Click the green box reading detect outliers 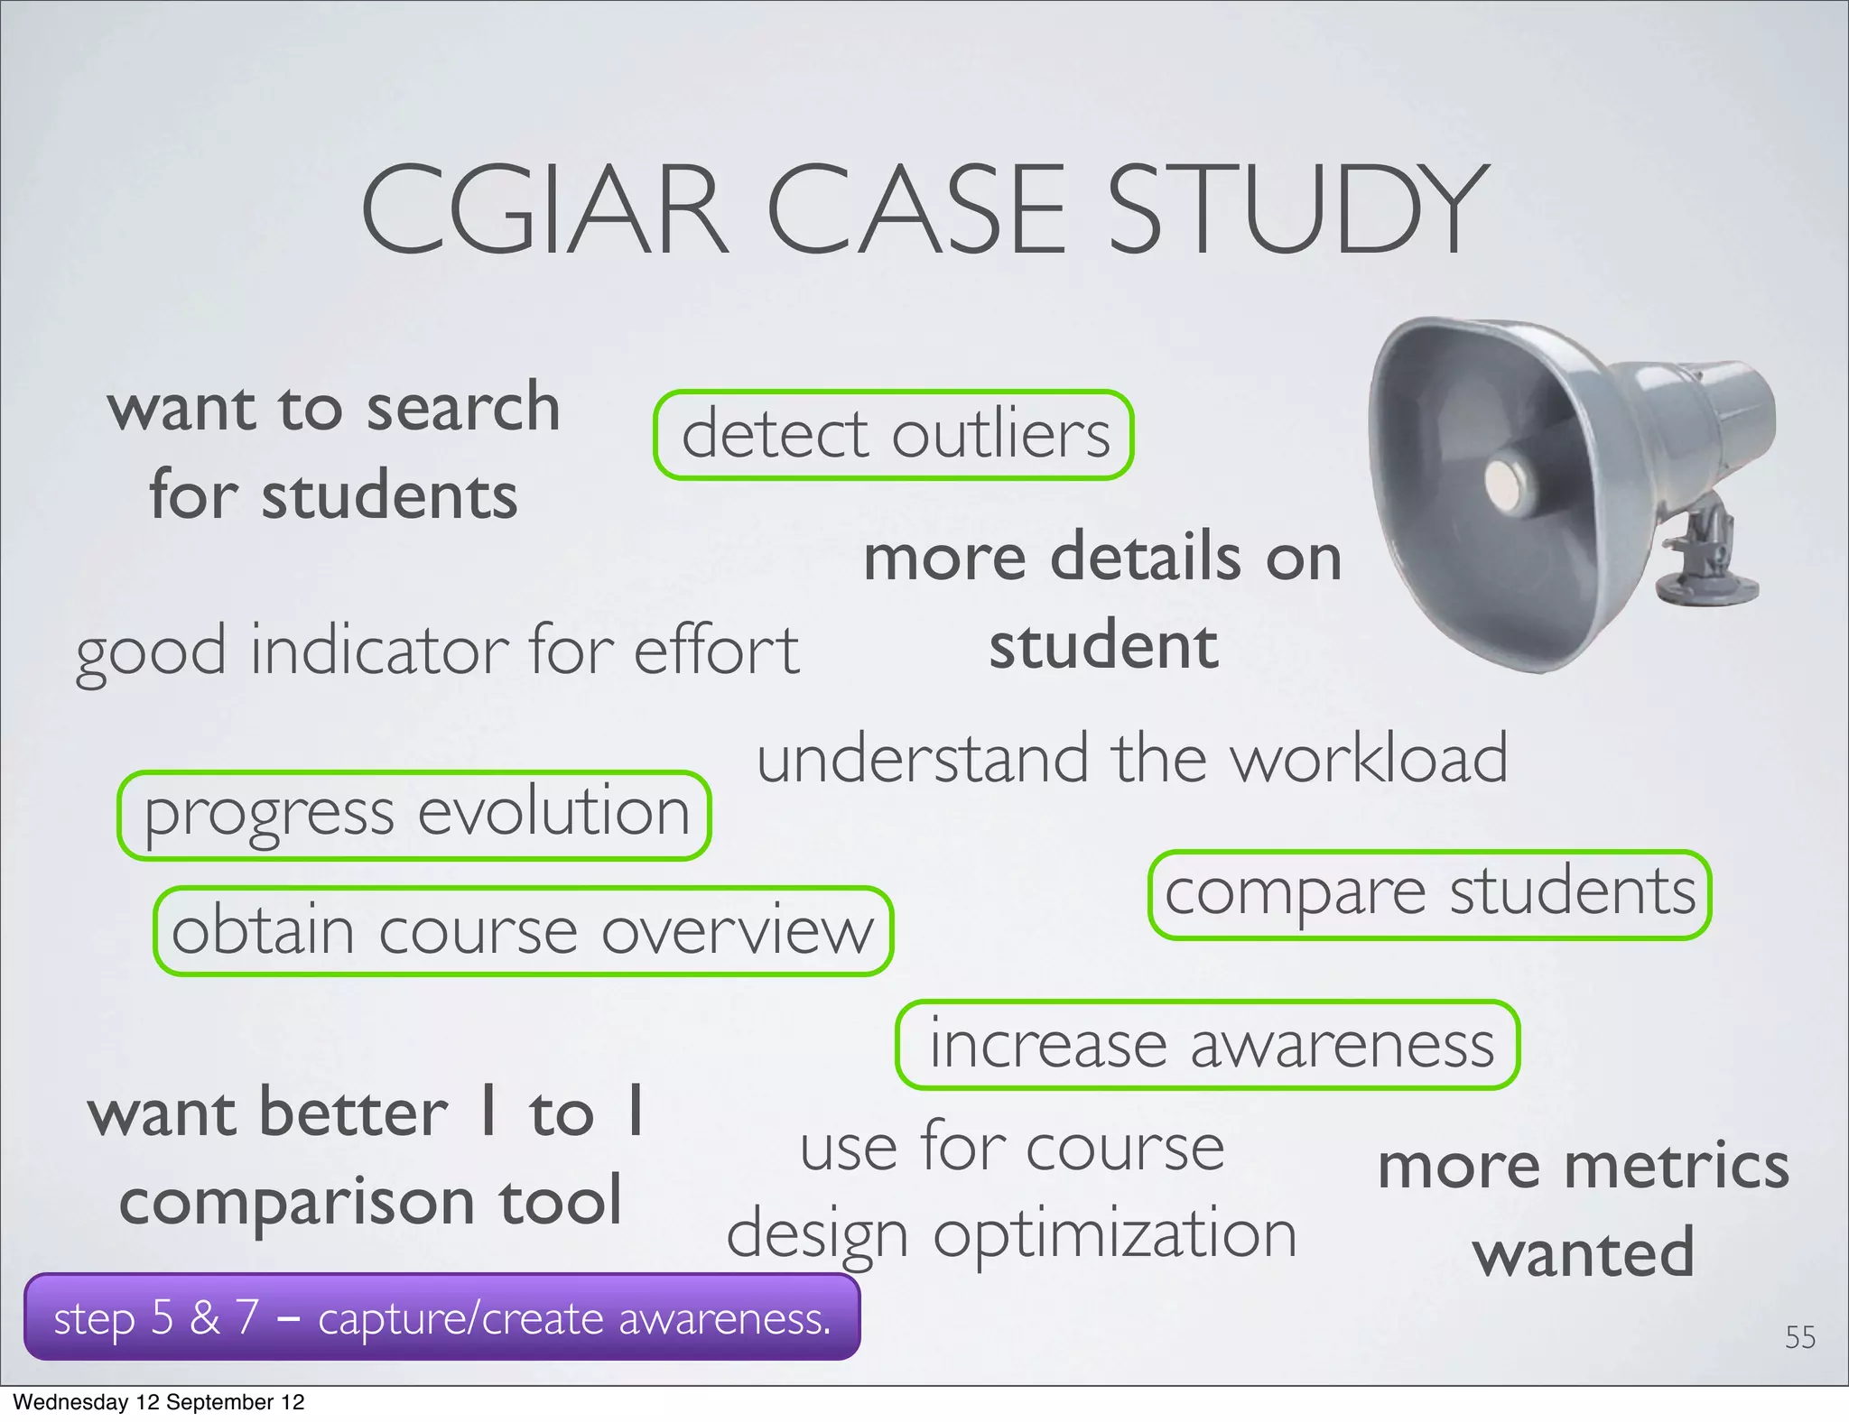click(x=894, y=435)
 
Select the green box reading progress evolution click(x=414, y=815)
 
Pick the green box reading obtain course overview click(x=523, y=931)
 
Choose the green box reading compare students click(x=1429, y=894)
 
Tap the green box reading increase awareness click(x=1208, y=1045)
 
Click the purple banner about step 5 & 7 click(x=441, y=1317)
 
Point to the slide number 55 click(x=1799, y=1337)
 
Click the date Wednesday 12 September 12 click(x=159, y=1402)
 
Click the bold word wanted click(x=1584, y=1253)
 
